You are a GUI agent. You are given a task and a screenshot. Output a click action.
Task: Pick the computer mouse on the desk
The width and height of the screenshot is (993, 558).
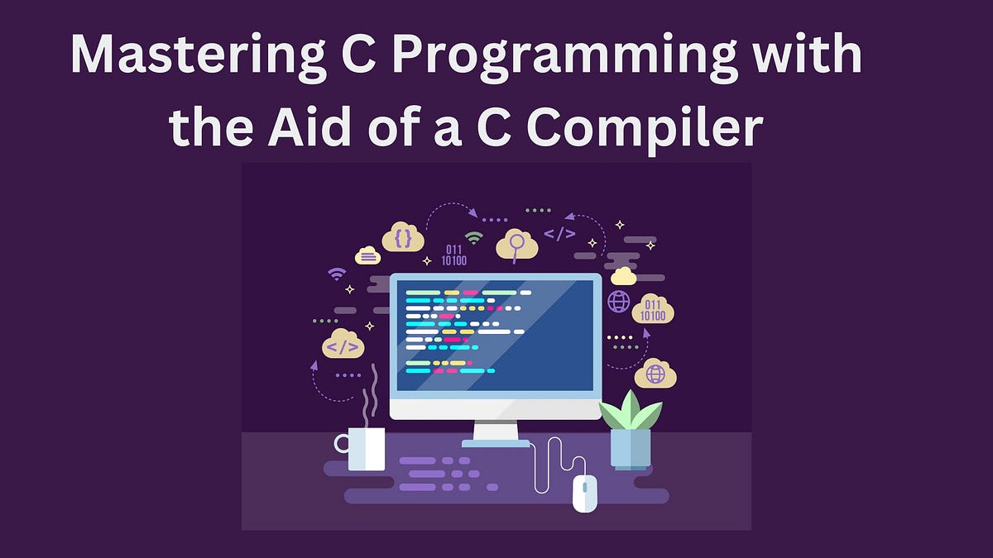585,494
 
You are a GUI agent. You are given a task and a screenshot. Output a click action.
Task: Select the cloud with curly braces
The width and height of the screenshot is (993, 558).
403,238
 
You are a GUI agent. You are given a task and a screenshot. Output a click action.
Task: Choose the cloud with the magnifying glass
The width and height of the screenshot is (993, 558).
517,245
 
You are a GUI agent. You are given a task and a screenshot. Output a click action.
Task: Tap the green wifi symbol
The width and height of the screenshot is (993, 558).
473,237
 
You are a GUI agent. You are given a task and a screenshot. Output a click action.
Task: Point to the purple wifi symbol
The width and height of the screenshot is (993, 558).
336,273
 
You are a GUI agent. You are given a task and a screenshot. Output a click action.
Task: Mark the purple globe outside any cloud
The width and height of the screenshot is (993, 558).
619,301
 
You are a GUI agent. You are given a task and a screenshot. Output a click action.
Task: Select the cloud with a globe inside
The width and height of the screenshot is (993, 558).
655,374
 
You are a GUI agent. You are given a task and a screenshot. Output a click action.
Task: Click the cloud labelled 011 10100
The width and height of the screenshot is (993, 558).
653,310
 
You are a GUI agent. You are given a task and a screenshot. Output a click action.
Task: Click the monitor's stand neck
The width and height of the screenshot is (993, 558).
496,430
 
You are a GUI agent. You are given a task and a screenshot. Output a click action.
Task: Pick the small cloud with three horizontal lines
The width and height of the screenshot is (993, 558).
368,256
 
